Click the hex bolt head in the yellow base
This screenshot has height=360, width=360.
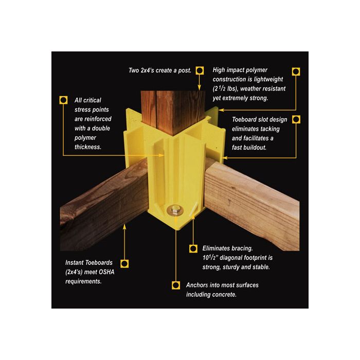tap(175, 210)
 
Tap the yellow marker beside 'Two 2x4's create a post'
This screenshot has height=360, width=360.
tap(200, 70)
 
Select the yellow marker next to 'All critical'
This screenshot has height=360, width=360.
tap(63, 100)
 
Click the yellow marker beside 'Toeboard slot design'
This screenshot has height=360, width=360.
tap(296, 119)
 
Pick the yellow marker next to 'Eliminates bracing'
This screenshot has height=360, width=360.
tap(193, 248)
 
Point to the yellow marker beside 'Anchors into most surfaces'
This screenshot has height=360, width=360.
tap(176, 285)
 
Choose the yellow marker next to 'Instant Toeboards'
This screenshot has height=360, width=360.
tap(124, 263)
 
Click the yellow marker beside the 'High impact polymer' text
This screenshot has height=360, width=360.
tap(296, 71)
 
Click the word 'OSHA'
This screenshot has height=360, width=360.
tap(106, 272)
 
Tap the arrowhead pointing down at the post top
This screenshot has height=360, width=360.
tap(200, 88)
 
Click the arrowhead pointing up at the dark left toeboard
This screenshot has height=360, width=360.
tap(124, 226)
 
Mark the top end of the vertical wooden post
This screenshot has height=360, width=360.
tap(173, 91)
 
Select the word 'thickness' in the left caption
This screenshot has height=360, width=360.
tap(88, 147)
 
